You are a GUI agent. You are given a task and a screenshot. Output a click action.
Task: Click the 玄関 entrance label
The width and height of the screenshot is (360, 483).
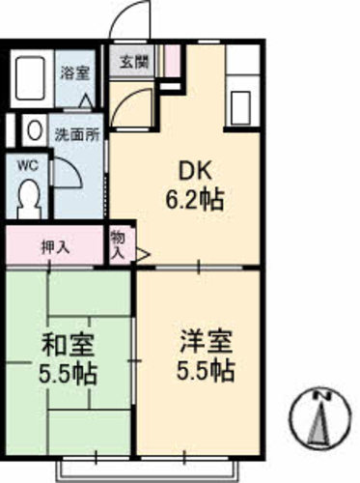134,62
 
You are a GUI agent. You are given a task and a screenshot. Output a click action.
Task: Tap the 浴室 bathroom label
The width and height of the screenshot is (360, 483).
75,73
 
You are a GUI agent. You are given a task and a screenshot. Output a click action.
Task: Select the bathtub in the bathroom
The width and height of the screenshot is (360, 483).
30,78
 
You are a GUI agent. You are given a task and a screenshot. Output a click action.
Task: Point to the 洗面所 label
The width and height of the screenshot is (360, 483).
77,135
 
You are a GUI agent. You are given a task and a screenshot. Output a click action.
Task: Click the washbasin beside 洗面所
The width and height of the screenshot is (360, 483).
35,130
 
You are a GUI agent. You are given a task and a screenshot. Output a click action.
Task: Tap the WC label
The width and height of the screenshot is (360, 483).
28,166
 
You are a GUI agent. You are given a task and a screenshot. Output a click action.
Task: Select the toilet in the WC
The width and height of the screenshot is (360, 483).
29,200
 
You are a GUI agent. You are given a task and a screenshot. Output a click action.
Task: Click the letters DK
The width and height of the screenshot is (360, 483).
195,171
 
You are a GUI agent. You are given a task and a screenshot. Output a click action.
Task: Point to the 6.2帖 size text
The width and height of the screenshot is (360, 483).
195,199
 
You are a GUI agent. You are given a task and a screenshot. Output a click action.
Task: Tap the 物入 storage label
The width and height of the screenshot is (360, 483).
118,245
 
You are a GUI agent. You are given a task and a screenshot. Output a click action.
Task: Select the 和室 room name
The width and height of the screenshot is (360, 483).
68,345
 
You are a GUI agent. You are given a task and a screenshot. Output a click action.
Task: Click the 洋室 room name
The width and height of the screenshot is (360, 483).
206,341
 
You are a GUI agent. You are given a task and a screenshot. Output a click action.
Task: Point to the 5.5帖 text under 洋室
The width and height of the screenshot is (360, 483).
206,371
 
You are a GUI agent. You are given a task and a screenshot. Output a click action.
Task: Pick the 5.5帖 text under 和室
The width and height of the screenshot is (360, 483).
68,374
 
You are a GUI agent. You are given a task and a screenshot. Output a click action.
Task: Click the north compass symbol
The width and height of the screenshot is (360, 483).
320,417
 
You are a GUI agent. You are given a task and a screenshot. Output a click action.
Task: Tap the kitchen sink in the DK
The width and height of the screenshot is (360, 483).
240,108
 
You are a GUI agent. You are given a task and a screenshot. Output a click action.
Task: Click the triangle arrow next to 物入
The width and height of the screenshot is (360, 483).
143,255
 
